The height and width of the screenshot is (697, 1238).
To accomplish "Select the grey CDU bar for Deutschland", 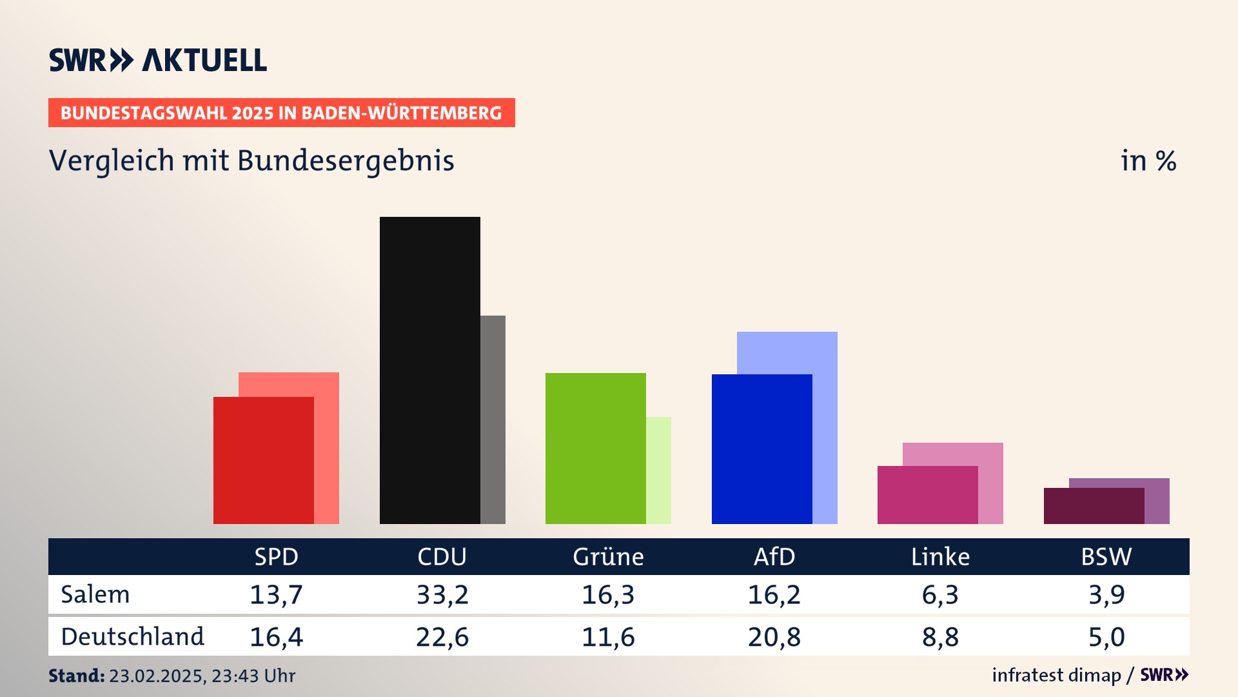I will pyautogui.click(x=493, y=419).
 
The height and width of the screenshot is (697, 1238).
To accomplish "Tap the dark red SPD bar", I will pyautogui.click(x=263, y=460).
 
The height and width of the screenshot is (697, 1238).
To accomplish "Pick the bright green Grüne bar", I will pyautogui.click(x=595, y=448).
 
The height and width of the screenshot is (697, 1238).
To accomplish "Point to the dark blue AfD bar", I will pyautogui.click(x=761, y=449).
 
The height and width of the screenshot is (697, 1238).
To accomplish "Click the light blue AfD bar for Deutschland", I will pyautogui.click(x=825, y=426).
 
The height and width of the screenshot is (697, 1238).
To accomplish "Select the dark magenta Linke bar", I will pyautogui.click(x=927, y=494).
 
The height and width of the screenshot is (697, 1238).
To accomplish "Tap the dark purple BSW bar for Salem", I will pyautogui.click(x=1094, y=505).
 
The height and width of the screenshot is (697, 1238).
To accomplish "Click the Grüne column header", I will pyautogui.click(x=608, y=556).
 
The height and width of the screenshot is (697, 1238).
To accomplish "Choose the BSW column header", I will pyautogui.click(x=1106, y=556).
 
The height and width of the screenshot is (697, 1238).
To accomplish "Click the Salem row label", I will pyautogui.click(x=95, y=594).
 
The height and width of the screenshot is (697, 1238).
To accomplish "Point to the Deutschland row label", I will pyautogui.click(x=132, y=637).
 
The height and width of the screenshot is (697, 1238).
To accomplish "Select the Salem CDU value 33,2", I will pyautogui.click(x=442, y=594).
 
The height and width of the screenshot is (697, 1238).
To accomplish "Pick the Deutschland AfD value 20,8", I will pyautogui.click(x=774, y=637).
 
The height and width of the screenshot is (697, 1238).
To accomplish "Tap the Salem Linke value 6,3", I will pyautogui.click(x=940, y=594).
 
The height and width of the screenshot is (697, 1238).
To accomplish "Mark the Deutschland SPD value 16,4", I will pyautogui.click(x=276, y=637).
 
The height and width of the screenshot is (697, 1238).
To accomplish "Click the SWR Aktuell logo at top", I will pyautogui.click(x=158, y=60).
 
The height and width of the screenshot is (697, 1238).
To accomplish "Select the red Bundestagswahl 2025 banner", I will pyautogui.click(x=281, y=113).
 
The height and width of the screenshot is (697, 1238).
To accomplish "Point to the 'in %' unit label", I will pyautogui.click(x=1148, y=161).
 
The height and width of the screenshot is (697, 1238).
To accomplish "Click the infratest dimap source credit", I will pyautogui.click(x=1056, y=675).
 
